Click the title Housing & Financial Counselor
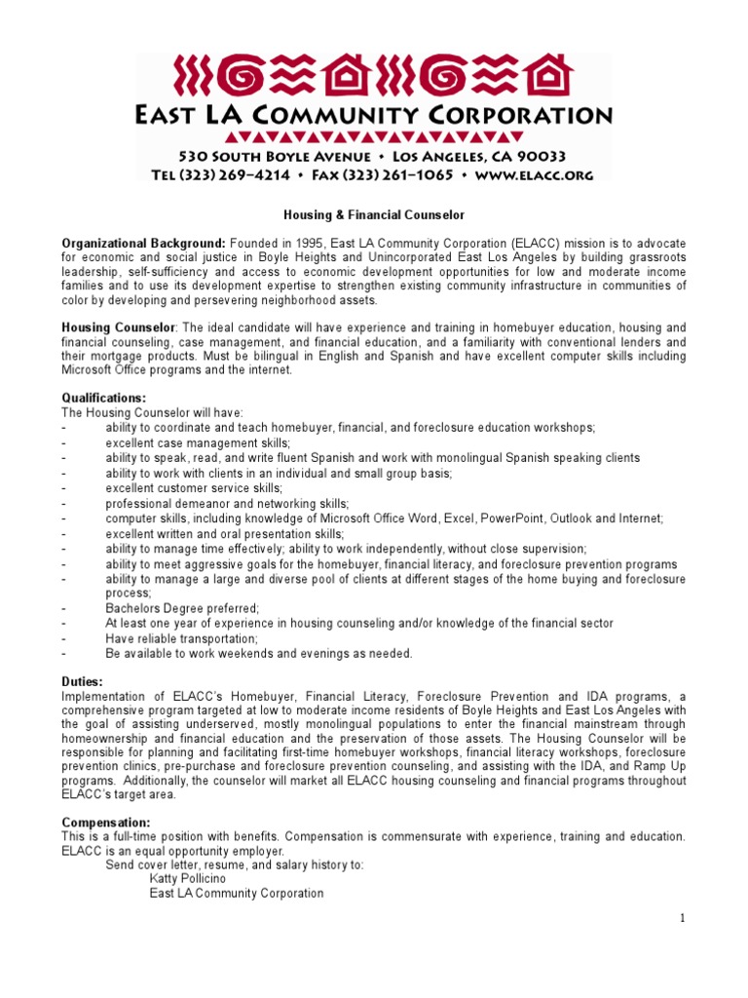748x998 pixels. (x=374, y=213)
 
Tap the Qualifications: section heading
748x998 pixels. (x=104, y=398)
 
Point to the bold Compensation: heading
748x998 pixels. (x=106, y=822)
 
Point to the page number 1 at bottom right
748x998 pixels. (x=683, y=918)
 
